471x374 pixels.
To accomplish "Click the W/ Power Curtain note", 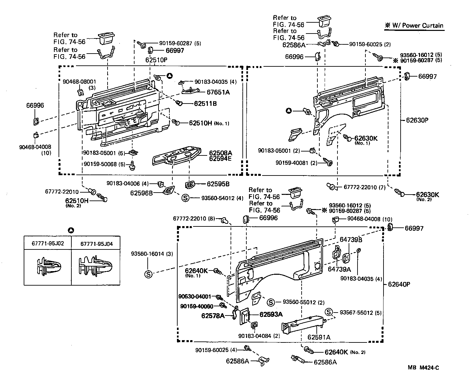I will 414,26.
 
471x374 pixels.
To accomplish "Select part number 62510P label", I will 156,60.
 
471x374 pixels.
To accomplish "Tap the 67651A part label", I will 218,92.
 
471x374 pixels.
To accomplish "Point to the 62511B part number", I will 205,104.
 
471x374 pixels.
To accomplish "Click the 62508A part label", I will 220,153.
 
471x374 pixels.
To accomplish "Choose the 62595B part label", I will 218,184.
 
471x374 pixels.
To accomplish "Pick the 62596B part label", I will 141,193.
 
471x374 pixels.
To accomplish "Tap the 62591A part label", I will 319,337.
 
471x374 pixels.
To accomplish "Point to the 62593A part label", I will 271,314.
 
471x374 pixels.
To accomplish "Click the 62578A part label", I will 213,316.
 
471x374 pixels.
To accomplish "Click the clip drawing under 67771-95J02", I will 48,267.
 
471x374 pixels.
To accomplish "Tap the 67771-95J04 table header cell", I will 95,244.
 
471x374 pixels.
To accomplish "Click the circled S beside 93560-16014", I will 148,274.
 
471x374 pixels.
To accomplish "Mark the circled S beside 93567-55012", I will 329,312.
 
